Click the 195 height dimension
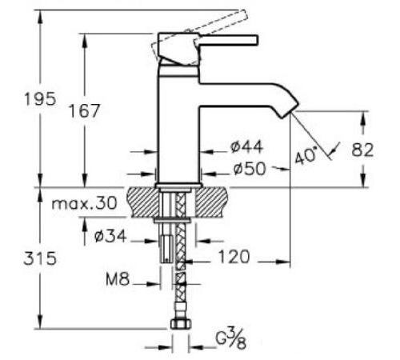coord(40,99)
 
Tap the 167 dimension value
coord(84,110)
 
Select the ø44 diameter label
coord(247,146)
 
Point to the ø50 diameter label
coord(250,169)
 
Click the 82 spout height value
coord(362,150)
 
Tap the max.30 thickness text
coord(84,203)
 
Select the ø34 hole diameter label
coord(110,236)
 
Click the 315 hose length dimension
coord(40,258)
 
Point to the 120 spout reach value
coord(234,257)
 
